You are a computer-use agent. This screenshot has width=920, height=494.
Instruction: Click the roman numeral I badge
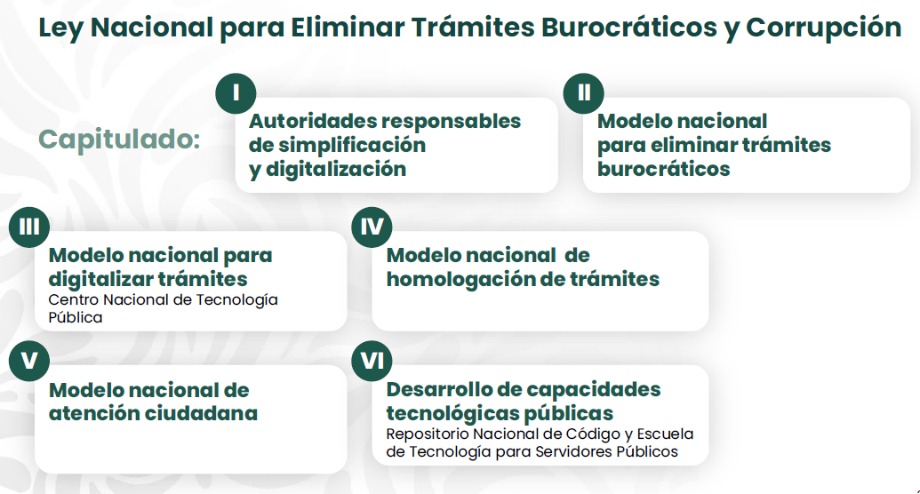(x=236, y=93)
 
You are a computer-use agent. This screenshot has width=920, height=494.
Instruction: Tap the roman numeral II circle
(x=584, y=93)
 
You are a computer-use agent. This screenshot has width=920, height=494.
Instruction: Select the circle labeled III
(x=29, y=227)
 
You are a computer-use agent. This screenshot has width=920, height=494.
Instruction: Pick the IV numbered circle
(x=372, y=227)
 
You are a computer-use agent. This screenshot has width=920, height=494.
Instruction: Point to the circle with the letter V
(x=29, y=361)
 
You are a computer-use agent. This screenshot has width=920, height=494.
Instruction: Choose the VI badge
(x=372, y=361)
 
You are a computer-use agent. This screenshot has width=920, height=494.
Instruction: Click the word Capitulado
(x=120, y=140)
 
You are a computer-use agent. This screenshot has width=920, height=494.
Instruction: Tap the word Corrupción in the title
(x=823, y=28)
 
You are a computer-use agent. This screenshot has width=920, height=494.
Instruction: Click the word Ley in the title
(x=61, y=28)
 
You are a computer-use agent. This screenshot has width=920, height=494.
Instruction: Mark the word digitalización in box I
(x=336, y=169)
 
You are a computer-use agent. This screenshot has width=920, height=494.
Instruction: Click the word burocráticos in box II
(x=664, y=169)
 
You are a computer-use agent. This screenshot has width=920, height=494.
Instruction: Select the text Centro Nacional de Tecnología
(x=164, y=299)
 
